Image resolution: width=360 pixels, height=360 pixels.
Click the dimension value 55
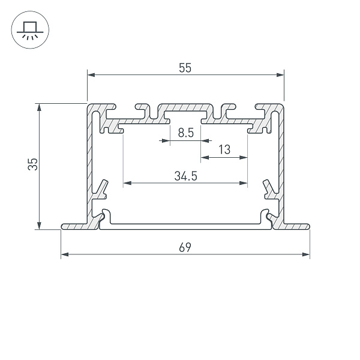tap(185, 68)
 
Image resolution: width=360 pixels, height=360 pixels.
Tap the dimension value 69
tap(185, 248)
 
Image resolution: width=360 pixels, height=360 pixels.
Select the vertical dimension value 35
tap(34, 164)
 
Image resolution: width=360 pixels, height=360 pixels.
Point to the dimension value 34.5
tap(186, 176)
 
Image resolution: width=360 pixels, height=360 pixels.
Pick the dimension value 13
tap(224, 150)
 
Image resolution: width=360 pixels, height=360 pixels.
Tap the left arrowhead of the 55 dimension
tap(91, 75)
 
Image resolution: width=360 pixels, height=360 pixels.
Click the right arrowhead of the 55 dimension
tap(280, 75)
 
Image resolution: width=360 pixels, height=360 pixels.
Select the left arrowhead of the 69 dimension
tap(64, 254)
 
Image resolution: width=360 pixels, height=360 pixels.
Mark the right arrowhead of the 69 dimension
tap(306, 254)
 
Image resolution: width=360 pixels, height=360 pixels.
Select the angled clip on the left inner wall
tap(101, 188)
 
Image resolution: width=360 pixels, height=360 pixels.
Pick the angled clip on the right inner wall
tap(268, 188)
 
